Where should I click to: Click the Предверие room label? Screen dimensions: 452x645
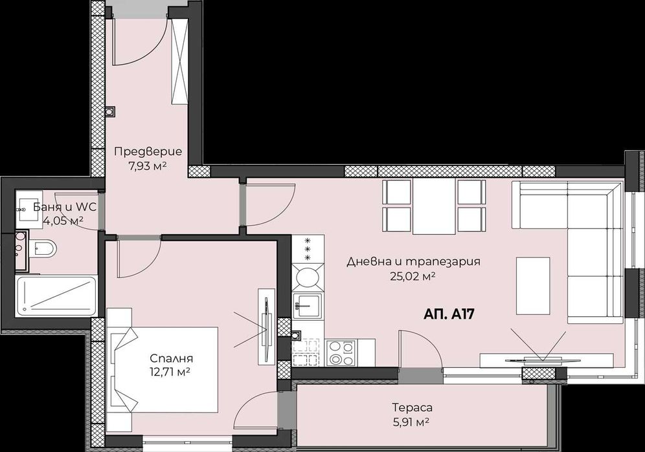click(148, 152)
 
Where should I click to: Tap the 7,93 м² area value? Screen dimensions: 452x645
click(148, 166)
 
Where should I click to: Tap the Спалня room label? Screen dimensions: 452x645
click(172, 359)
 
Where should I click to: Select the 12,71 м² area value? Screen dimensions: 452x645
click(172, 372)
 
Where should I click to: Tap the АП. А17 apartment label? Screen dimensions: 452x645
click(450, 315)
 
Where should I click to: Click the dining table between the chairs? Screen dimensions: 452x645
click(434, 206)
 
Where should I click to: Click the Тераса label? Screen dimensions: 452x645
click(412, 408)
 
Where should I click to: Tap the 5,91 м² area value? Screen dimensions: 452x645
click(412, 422)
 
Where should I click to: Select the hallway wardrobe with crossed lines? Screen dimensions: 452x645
click(179, 61)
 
